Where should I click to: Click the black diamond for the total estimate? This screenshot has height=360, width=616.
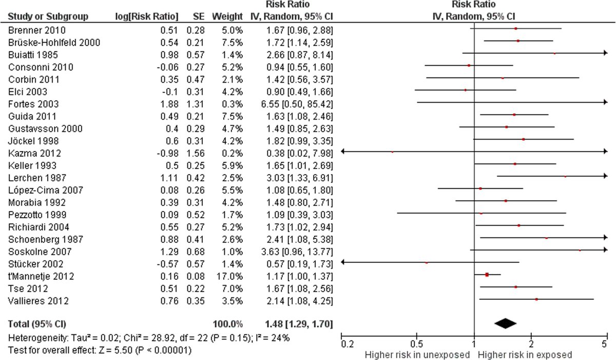coord(505,323)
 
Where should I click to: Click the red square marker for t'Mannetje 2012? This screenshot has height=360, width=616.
coord(487,275)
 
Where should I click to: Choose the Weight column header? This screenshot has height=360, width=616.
coord(227,16)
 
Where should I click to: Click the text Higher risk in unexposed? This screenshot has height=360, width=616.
coord(417,354)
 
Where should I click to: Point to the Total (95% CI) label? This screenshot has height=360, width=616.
coord(37,324)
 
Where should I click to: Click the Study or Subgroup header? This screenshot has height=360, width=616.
coord(41,16)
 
